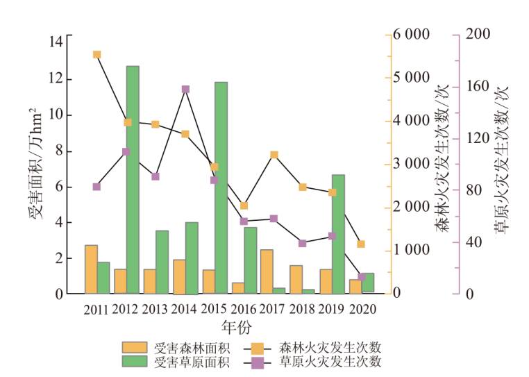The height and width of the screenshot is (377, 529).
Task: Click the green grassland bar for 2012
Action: tap(133, 180)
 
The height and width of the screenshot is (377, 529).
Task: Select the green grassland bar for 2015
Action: tap(221, 187)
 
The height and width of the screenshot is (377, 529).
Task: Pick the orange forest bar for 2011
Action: tap(91, 269)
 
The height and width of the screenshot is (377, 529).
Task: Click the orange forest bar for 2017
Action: tap(267, 271)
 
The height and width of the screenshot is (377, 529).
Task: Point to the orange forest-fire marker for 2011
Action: tap(97, 55)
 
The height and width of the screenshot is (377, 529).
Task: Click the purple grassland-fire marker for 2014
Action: tap(185, 90)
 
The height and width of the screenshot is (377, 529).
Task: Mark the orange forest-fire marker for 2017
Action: tap(274, 155)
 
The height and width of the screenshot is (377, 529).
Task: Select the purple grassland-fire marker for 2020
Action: tap(362, 276)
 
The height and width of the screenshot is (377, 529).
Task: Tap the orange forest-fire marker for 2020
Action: tap(361, 244)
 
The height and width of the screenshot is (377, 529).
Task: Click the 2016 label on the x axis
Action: tap(243, 309)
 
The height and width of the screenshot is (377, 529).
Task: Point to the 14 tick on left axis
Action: tap(56, 42)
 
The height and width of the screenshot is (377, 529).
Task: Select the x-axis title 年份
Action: tap(235, 326)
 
